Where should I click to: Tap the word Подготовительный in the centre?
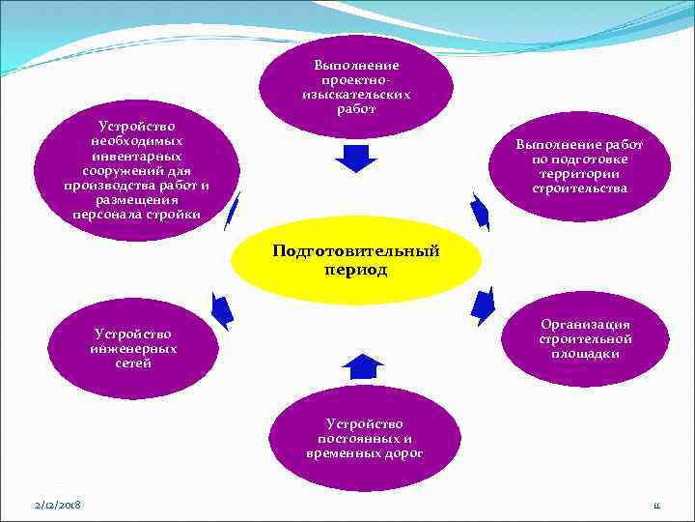pos(355,251)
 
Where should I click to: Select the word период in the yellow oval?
pos(355,271)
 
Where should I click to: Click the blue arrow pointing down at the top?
pos(355,158)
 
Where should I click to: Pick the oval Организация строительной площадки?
pos(586,338)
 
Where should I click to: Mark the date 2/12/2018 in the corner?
pos(56,506)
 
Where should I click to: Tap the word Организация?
pos(586,325)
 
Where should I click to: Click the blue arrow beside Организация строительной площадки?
pos(483,304)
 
